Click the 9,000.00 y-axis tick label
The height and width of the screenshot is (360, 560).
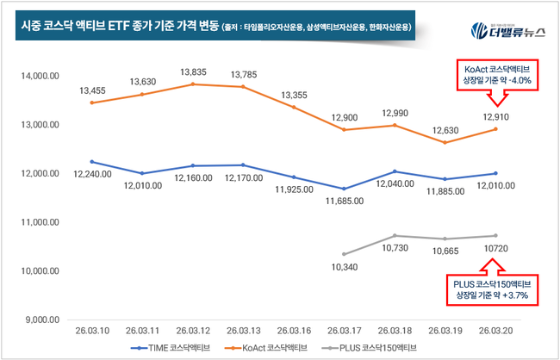pos(40,320)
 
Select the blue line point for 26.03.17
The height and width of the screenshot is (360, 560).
pos(345,189)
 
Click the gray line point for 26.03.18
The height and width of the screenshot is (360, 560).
pos(394,235)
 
